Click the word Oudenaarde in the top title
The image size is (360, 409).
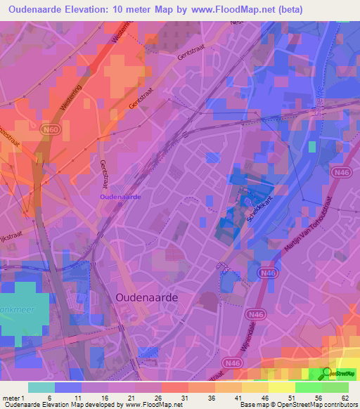click(x=43, y=10)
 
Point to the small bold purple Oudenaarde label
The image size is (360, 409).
click(x=120, y=197)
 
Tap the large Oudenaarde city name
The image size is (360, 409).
click(x=146, y=298)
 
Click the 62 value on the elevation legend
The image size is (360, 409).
click(x=345, y=397)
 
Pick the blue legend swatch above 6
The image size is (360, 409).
click(x=68, y=387)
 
